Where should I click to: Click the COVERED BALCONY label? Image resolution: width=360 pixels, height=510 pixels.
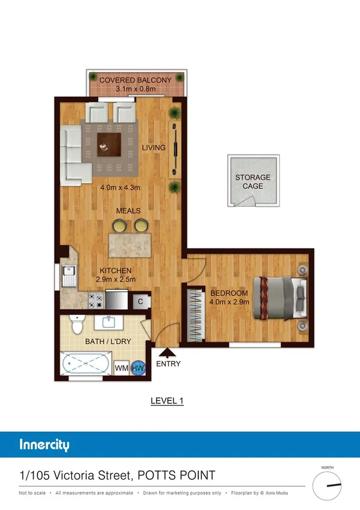pyautogui.click(x=135, y=80)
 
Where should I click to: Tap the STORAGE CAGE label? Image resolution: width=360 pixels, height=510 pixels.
pyautogui.click(x=252, y=182)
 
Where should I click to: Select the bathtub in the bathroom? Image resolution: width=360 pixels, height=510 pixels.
pyautogui.click(x=86, y=364)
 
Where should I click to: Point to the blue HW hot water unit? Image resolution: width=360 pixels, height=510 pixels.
pyautogui.click(x=138, y=367)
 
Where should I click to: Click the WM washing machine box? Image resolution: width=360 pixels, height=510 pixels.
pyautogui.click(x=121, y=367)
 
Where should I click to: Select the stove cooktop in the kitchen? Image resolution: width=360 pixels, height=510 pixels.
pyautogui.click(x=96, y=299)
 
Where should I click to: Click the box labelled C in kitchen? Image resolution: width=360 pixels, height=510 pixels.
pyautogui.click(x=140, y=301)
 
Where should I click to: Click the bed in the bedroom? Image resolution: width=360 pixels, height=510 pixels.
pyautogui.click(x=280, y=298)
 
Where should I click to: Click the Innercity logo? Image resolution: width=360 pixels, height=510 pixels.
pyautogui.click(x=44, y=445)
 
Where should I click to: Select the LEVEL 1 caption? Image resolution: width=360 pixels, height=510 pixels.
pyautogui.click(x=166, y=401)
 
